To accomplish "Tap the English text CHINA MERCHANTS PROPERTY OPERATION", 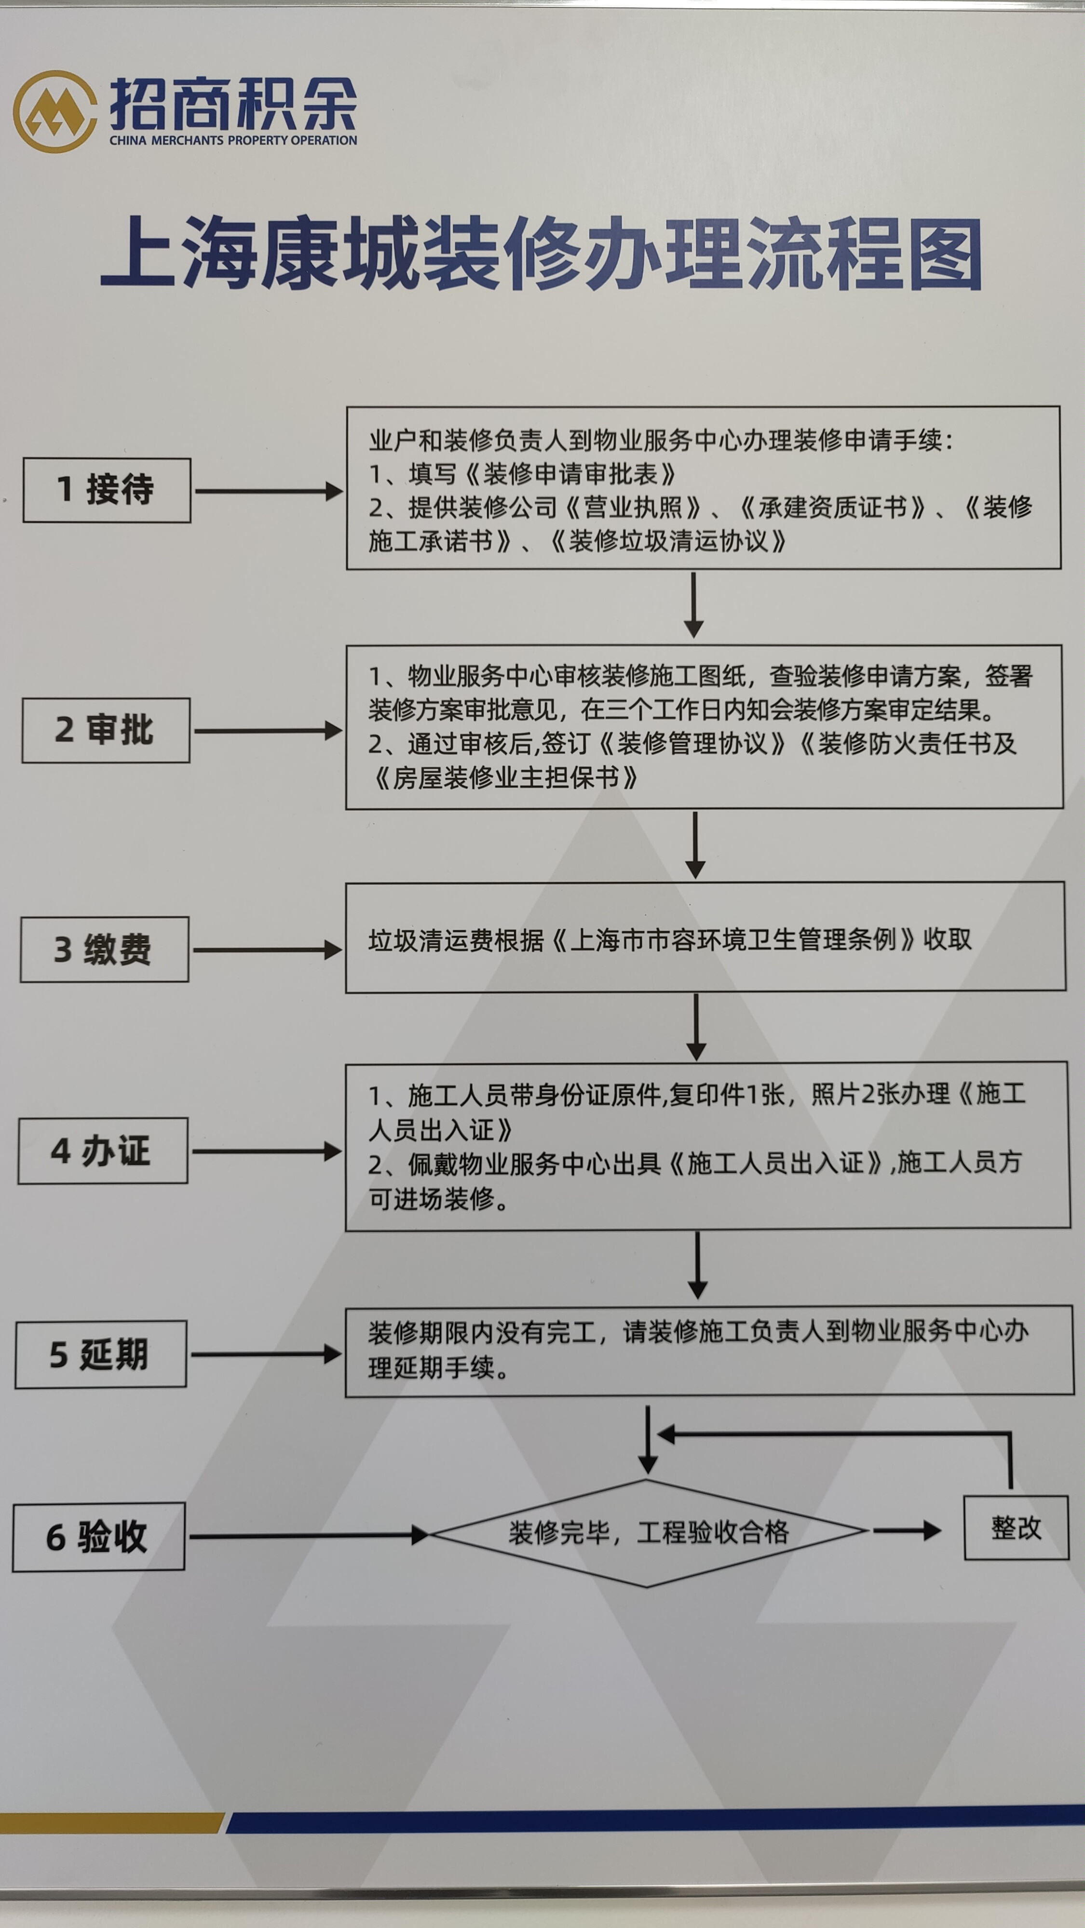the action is tap(233, 140).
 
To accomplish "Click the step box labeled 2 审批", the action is tap(106, 731).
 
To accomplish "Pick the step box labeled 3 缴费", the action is tap(104, 949).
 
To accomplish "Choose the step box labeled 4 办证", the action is tap(103, 1151).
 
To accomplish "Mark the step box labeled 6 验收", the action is tap(98, 1537).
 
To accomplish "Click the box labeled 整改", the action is tap(1016, 1527).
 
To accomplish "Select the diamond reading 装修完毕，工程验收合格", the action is tap(649, 1533).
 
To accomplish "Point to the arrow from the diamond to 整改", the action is tap(907, 1530).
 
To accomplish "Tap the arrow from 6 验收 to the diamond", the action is tap(309, 1536).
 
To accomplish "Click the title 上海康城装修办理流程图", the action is tap(542, 253).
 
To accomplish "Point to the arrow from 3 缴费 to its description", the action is tap(267, 950).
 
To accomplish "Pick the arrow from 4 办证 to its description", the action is tap(267, 1151).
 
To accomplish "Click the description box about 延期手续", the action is tap(709, 1351).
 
